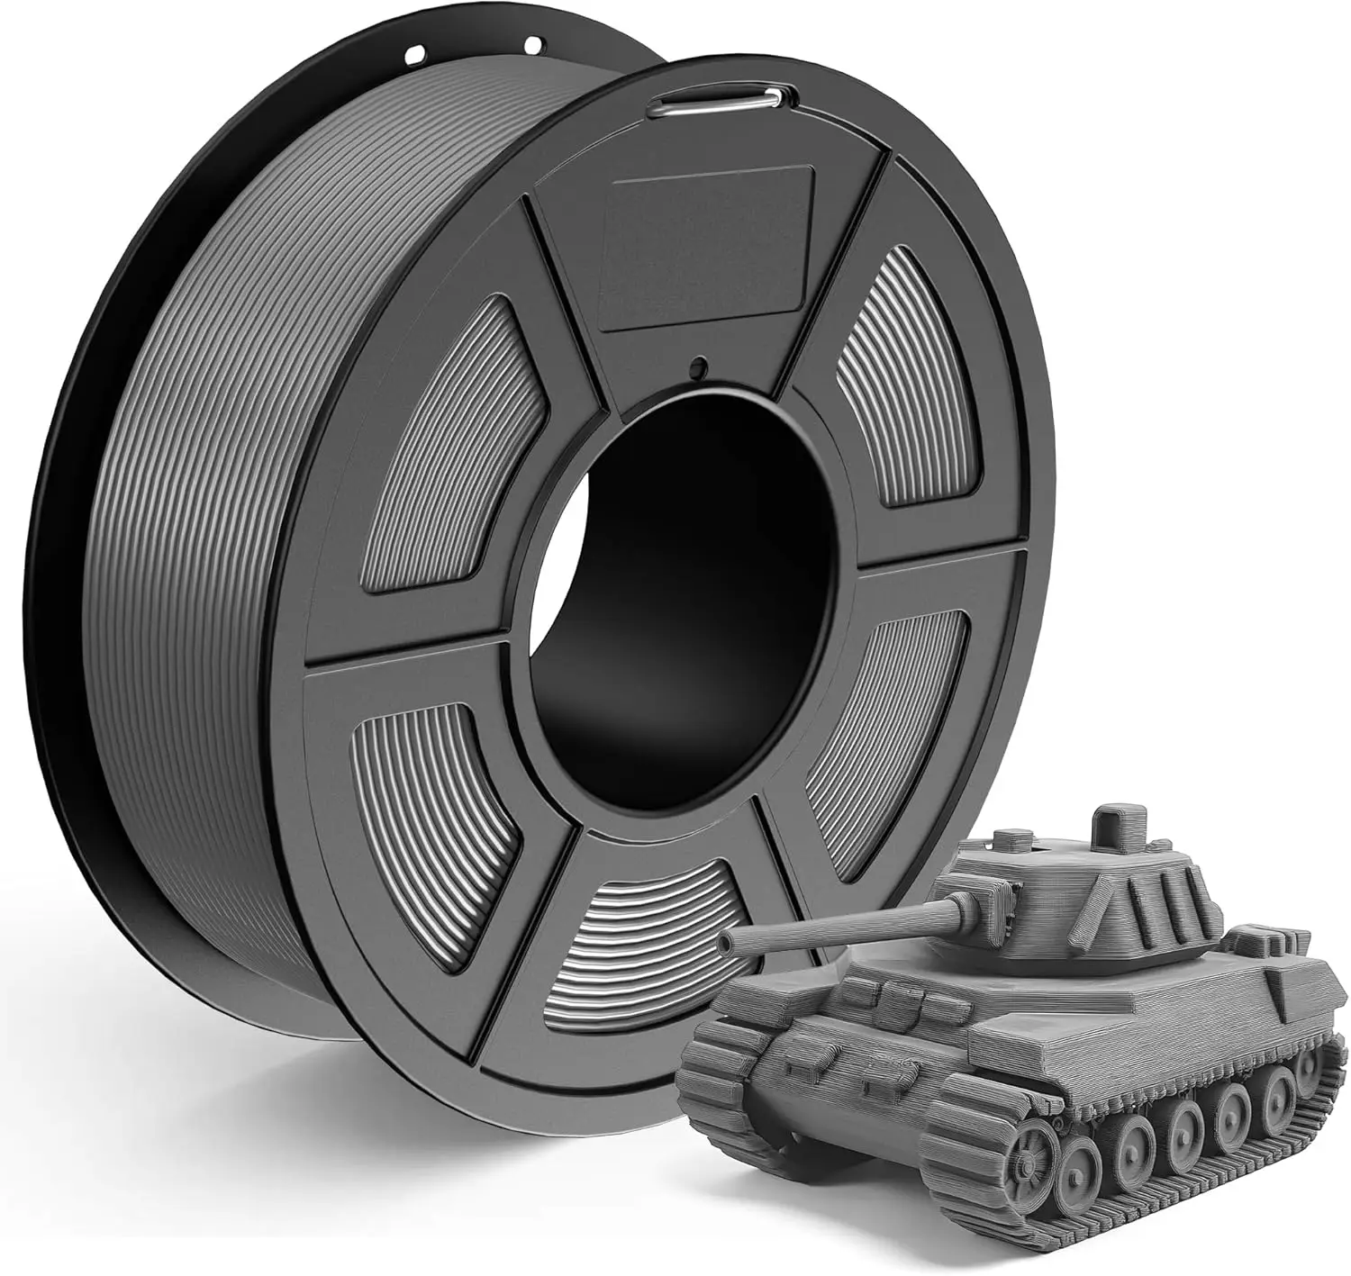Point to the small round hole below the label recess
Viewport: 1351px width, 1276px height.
(696, 367)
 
